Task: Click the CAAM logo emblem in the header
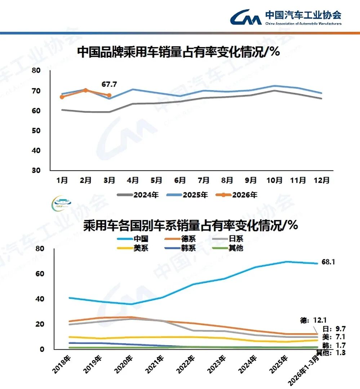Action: pos(246,17)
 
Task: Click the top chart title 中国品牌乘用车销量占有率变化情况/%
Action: pos(179,52)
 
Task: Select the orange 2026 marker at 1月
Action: pos(62,97)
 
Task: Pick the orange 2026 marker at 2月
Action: pos(86,90)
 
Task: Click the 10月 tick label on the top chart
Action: pos(274,180)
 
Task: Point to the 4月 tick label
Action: pos(133,180)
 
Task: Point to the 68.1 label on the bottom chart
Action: pos(328,262)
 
